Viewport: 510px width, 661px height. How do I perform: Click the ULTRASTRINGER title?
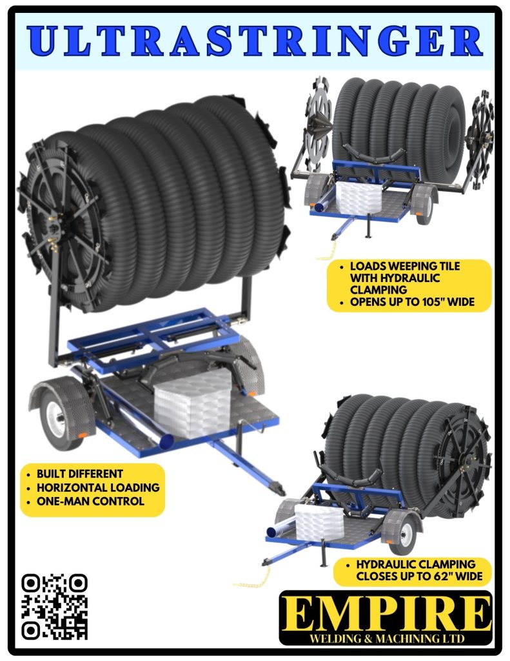pyautogui.click(x=255, y=41)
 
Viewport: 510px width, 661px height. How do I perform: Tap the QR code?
pyautogui.click(x=54, y=607)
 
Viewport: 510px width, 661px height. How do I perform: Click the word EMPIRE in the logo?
pyautogui.click(x=386, y=613)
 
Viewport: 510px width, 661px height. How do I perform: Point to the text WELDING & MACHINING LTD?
pyautogui.click(x=387, y=638)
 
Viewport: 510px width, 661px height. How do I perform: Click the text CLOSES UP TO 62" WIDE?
pyautogui.click(x=420, y=576)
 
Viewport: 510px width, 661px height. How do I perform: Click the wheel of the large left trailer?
pyautogui.click(x=57, y=420)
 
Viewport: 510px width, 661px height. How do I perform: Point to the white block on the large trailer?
pyautogui.click(x=192, y=404)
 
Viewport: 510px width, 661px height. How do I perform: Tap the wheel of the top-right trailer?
pyautogui.click(x=424, y=206)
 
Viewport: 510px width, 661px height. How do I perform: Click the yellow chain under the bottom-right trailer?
pyautogui.click(x=253, y=580)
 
